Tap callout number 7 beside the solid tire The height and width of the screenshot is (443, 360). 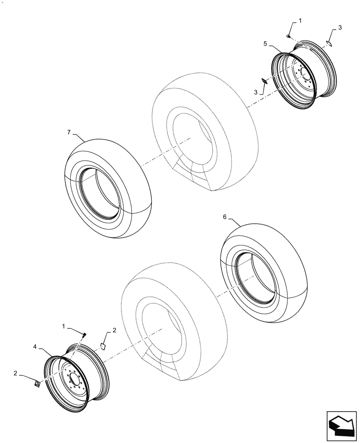click(x=68, y=132)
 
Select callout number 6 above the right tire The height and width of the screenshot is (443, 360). click(x=224, y=217)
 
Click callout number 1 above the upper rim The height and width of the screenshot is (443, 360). click(x=300, y=21)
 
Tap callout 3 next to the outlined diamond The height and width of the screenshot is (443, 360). click(x=340, y=28)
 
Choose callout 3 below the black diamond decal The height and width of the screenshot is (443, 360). click(x=256, y=91)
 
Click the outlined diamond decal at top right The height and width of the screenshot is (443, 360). click(x=329, y=43)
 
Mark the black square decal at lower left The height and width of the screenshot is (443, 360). click(x=38, y=384)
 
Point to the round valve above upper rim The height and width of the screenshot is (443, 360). click(x=288, y=36)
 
